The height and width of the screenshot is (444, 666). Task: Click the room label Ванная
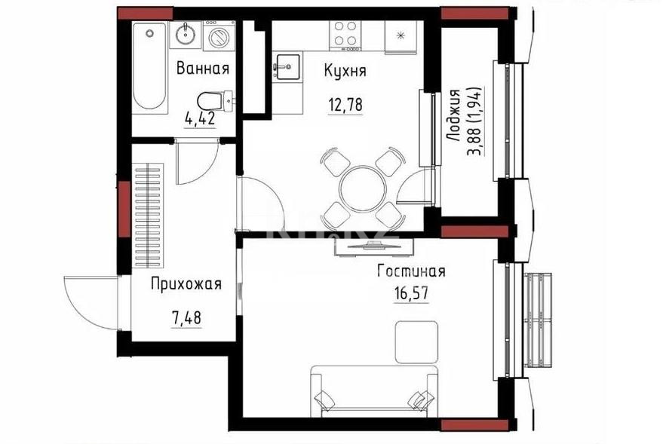click(x=202, y=69)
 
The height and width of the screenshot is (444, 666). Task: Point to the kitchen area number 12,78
click(x=345, y=104)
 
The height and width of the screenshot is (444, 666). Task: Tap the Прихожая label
click(x=186, y=284)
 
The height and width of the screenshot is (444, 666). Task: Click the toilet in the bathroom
click(x=210, y=101)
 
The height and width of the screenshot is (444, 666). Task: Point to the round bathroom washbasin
click(x=186, y=34)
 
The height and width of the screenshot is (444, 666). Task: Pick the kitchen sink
click(x=287, y=67)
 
